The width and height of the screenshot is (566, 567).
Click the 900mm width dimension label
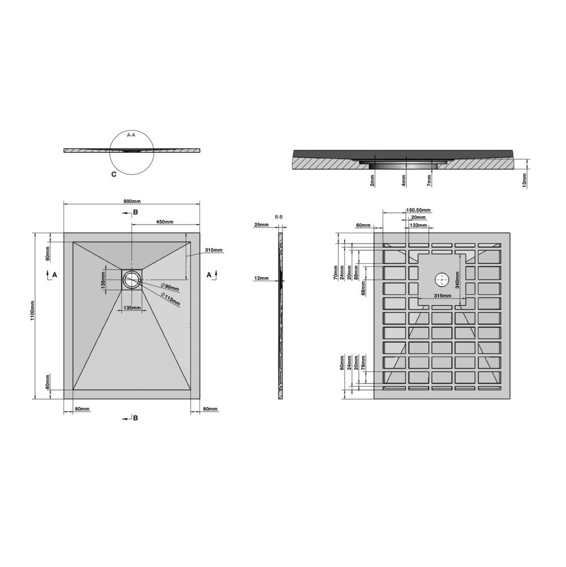[132, 201]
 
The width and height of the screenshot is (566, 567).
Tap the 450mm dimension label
[165, 222]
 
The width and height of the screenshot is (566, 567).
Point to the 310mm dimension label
[213, 250]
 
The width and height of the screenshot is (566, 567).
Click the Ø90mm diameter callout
[169, 287]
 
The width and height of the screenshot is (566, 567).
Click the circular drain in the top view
[132, 279]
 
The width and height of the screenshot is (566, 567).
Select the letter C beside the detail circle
[114, 174]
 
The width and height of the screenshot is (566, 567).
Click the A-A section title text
[131, 135]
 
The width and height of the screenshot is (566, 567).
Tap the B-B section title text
[278, 217]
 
